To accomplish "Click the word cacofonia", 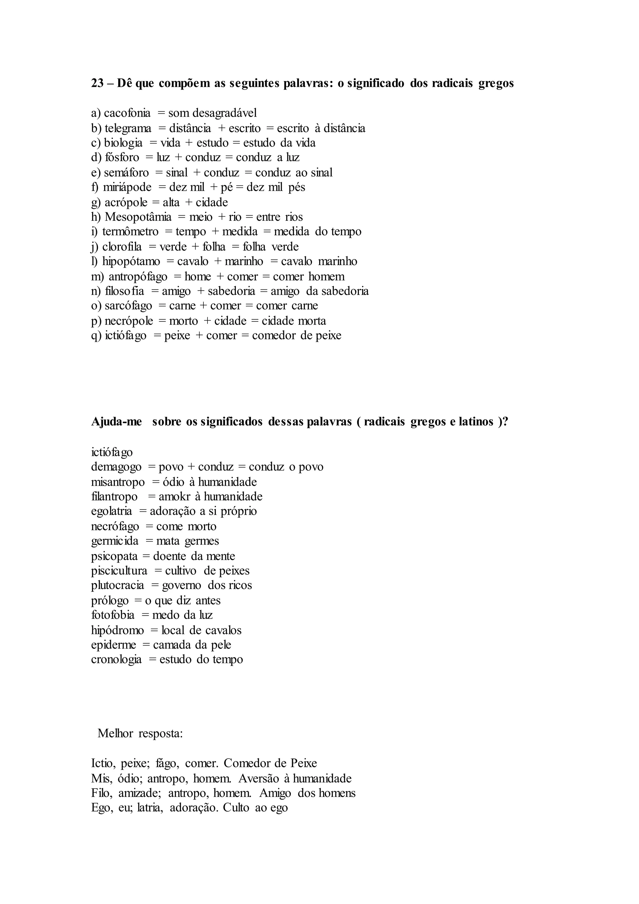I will (x=127, y=113).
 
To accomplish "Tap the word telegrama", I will (x=128, y=128).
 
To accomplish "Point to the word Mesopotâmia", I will (x=138, y=217).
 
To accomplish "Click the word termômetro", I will (x=130, y=232).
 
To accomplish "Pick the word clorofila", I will (x=122, y=247).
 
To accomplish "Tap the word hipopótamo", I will (x=131, y=262).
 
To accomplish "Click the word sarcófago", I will (x=128, y=306).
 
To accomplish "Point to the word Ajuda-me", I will (x=116, y=422).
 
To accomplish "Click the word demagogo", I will (x=116, y=467).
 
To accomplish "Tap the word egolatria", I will (x=111, y=511).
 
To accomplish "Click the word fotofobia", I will (x=113, y=615).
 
